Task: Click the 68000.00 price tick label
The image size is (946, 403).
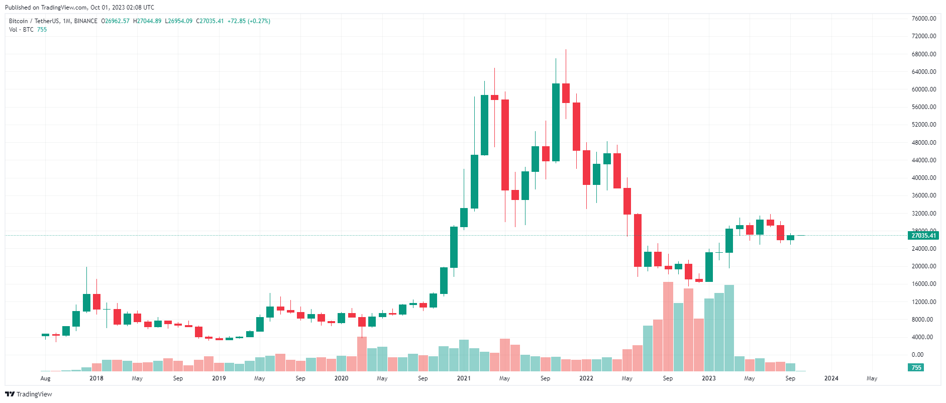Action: (x=924, y=54)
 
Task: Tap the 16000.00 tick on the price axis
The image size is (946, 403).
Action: (x=924, y=284)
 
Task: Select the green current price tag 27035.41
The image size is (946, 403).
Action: (x=923, y=235)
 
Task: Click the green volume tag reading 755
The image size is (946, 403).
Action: (x=916, y=367)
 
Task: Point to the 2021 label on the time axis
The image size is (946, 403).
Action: (x=464, y=378)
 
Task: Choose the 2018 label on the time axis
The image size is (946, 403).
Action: (x=96, y=378)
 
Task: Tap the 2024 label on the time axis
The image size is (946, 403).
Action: (x=831, y=378)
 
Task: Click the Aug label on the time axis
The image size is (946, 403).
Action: (x=45, y=378)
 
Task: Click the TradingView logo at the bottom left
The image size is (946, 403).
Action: (x=29, y=394)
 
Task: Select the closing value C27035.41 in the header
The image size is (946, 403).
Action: (x=210, y=21)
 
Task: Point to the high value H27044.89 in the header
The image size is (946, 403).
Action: (x=147, y=21)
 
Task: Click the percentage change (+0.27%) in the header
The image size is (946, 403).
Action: (x=259, y=21)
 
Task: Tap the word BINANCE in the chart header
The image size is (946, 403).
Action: (x=86, y=21)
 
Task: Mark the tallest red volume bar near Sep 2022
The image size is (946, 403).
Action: (x=668, y=327)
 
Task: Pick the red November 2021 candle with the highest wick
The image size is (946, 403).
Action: (x=566, y=93)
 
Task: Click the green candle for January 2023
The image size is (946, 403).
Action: (x=709, y=267)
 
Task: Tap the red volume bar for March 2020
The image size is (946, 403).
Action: (x=362, y=354)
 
